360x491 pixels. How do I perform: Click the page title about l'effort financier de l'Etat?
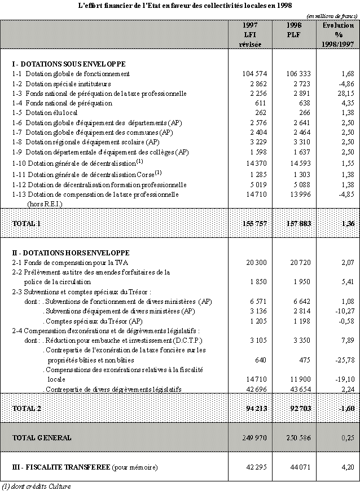[179, 6]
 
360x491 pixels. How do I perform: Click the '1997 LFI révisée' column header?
[250, 34]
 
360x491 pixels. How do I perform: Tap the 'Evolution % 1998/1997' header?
[338, 34]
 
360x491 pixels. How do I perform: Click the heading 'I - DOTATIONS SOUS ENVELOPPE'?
[68, 64]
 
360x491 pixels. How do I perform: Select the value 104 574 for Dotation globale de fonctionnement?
[249, 74]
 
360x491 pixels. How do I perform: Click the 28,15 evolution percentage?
[345, 93]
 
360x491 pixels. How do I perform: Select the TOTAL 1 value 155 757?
[248, 224]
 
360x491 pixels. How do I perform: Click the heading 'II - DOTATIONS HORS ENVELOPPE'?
[71, 253]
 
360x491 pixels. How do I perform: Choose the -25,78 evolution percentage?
[344, 360]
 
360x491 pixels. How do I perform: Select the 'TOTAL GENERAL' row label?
[41, 437]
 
